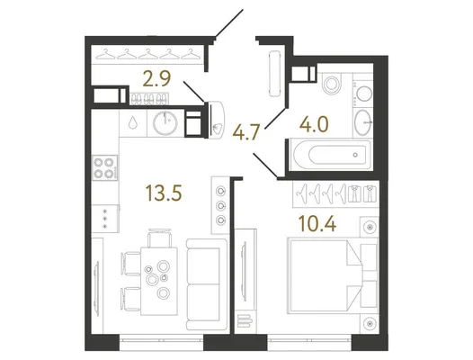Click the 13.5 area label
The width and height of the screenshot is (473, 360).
click(x=164, y=193)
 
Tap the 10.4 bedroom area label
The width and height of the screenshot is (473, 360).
click(x=317, y=224)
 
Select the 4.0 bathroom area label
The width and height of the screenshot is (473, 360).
click(x=314, y=124)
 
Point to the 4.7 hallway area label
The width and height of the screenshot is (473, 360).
click(x=246, y=132)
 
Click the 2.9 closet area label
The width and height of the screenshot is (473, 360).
click(x=156, y=78)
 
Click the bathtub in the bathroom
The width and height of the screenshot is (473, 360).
click(x=330, y=155)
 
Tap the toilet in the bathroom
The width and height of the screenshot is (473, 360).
click(x=332, y=83)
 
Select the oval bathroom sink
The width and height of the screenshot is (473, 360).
click(x=363, y=122)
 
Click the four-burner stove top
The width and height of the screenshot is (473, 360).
click(x=104, y=168)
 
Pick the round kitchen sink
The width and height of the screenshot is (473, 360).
click(x=165, y=122)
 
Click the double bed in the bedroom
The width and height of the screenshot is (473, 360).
click(x=333, y=275)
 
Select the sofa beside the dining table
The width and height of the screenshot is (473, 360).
click(x=207, y=284)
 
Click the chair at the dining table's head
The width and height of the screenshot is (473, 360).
click(x=159, y=238)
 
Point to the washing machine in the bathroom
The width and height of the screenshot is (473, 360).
click(x=363, y=92)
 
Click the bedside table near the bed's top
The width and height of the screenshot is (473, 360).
click(x=370, y=227)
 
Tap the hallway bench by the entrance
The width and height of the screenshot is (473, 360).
click(x=275, y=74)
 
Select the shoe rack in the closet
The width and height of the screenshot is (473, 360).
click(x=149, y=99)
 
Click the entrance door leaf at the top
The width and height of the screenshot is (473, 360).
click(x=229, y=24)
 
